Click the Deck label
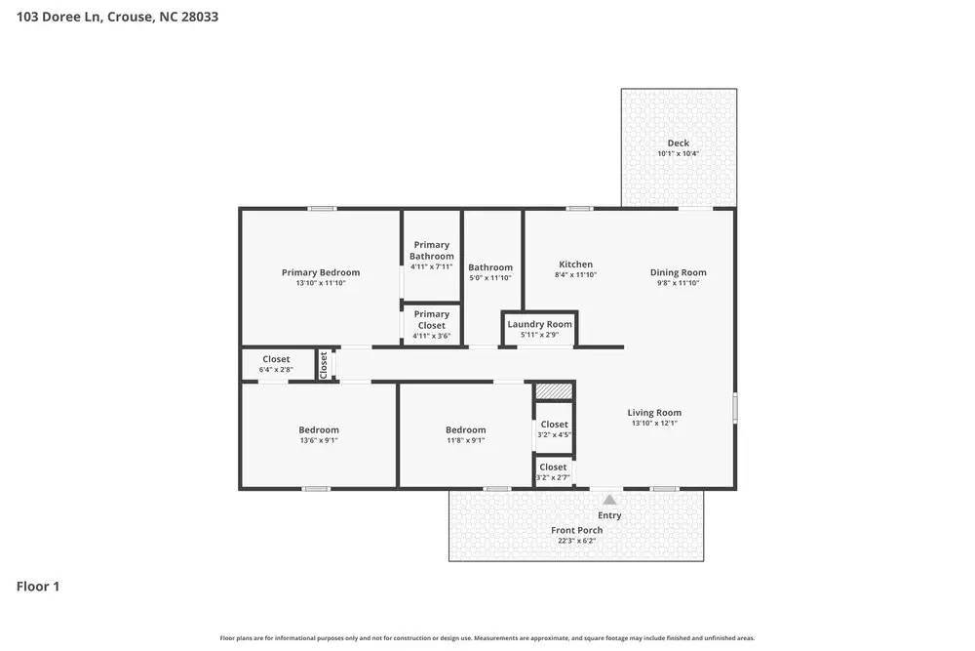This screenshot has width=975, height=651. [678, 143]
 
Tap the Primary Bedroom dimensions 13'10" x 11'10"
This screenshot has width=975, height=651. [321, 283]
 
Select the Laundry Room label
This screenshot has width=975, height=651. [539, 324]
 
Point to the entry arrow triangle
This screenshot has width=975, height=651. [609, 500]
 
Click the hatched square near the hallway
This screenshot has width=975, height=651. [554, 390]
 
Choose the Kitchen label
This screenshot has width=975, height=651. [575, 264]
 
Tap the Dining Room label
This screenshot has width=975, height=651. [678, 272]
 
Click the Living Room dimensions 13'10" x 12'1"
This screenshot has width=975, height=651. [654, 424]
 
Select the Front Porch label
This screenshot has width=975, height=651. [576, 530]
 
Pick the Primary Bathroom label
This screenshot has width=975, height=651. [431, 251]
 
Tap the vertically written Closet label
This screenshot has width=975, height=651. [324, 364]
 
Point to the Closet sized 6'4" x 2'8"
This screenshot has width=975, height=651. [276, 359]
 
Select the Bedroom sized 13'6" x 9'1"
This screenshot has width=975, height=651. [319, 430]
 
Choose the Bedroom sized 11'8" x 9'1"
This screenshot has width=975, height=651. [465, 430]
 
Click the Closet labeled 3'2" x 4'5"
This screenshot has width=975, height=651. [554, 425]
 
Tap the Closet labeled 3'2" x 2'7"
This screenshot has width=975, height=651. [553, 468]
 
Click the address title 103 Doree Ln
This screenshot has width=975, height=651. [117, 17]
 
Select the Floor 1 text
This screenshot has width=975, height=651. [38, 587]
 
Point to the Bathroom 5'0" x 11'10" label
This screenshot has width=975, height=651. [489, 267]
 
